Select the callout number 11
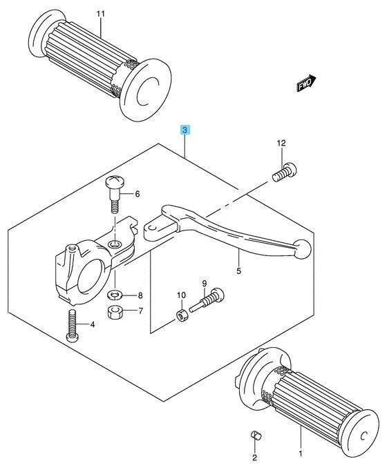point(101,13)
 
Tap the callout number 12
point(281,143)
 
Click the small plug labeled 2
point(254,435)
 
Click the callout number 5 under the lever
point(238,271)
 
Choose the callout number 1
point(301,453)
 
